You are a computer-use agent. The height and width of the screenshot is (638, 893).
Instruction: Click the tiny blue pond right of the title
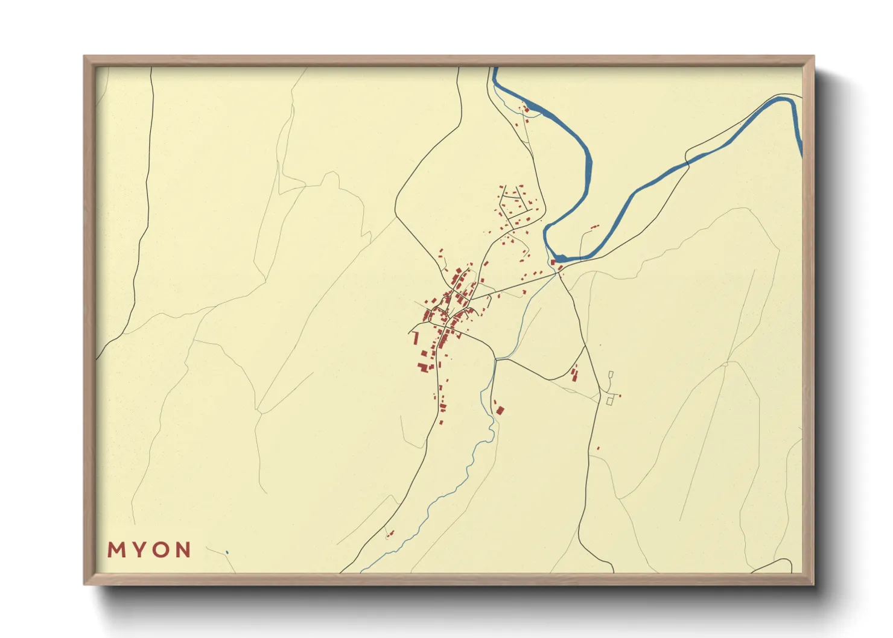[227, 552]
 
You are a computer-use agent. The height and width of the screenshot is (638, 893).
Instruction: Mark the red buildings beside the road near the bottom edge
[390, 534]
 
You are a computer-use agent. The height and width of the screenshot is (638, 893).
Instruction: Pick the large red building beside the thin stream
[500, 411]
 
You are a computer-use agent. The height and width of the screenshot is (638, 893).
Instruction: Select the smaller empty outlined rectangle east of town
[611, 374]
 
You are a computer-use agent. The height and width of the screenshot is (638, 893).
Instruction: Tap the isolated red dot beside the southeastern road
[598, 448]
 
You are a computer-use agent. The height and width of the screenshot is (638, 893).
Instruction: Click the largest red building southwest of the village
[424, 366]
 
